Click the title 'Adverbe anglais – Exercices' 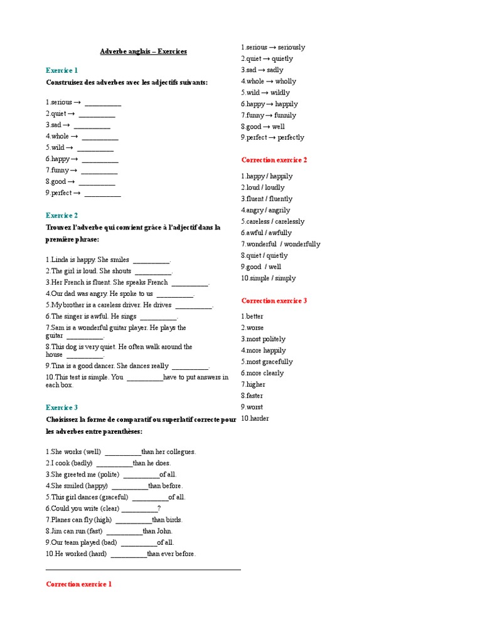click(143, 51)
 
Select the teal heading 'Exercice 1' click(62, 70)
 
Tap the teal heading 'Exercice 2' click(62, 215)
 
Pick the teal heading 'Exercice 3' click(62, 407)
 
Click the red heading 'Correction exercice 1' click(79, 584)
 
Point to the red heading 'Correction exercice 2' click(274, 160)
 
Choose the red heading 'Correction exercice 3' click(274, 300)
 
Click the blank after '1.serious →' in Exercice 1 click(103, 103)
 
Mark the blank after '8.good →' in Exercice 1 click(97, 182)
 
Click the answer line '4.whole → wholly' click(269, 81)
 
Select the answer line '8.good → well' click(263, 126)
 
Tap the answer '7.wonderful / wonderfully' click(281, 244)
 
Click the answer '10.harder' click(255, 418)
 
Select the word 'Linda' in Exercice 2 click(60, 259)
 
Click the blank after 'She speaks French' click(190, 282)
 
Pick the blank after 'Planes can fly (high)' click(134, 520)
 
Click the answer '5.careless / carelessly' click(273, 221)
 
